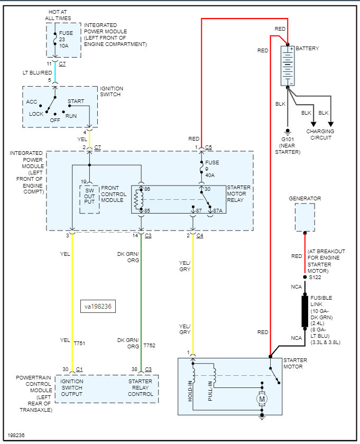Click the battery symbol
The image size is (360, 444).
pos(288,66)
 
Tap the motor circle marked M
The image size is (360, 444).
pos(262,399)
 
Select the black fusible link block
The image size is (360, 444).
pos(305,311)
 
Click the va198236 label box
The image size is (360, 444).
pos(98,307)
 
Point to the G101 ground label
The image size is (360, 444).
pos(288,140)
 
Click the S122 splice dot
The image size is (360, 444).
pos(305,277)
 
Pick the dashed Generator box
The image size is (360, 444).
pos(305,217)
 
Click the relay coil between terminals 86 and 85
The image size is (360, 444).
pos(139,199)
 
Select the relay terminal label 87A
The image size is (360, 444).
pos(218,211)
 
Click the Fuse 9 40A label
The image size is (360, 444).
pos(210,169)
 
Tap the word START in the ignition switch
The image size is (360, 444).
pos(76,101)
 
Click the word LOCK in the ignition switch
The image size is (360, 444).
pos(36,114)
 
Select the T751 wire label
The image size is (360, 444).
pos(79,343)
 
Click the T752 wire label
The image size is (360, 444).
pos(149,346)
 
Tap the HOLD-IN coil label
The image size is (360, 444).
pos(190,391)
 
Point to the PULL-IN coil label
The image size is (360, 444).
pos(210,391)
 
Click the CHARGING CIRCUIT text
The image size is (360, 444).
pos(320,134)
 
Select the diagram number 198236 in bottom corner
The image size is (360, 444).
pos(16,435)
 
